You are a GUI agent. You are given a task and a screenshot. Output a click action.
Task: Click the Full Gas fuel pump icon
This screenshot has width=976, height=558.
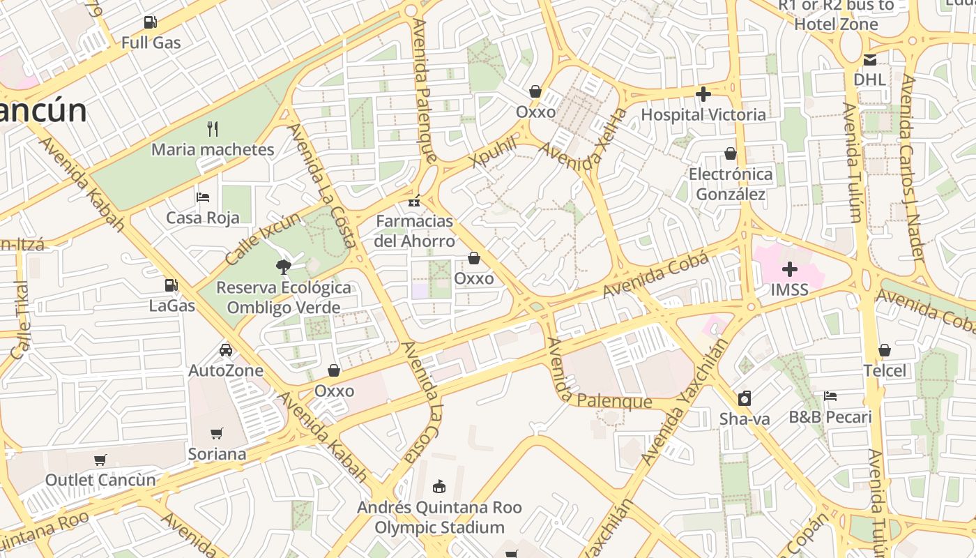[x=150, y=22]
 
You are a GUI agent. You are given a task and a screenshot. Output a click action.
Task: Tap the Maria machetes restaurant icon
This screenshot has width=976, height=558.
[x=213, y=128]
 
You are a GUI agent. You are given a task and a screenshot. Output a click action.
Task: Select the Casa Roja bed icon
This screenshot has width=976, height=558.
[x=203, y=197]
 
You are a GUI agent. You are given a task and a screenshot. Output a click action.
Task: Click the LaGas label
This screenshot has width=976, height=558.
[x=171, y=306]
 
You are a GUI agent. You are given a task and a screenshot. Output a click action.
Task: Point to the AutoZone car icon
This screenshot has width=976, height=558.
[x=226, y=349]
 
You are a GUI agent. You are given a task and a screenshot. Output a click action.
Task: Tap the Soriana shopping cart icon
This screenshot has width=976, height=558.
[x=217, y=433]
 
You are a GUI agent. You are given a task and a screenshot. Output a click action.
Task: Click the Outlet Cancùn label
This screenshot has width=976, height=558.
[x=100, y=480]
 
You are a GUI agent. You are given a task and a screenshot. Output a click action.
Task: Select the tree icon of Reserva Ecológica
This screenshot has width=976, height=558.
[x=283, y=266]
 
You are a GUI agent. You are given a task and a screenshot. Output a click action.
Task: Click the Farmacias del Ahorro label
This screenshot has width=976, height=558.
[x=415, y=231]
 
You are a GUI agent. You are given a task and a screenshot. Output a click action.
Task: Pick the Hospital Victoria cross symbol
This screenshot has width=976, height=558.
[x=703, y=93]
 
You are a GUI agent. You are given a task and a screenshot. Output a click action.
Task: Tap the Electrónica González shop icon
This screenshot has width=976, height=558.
[x=731, y=153]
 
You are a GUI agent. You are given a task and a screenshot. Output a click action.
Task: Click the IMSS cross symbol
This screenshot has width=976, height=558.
[x=790, y=269]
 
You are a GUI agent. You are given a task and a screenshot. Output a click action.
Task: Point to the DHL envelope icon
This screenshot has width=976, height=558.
[x=870, y=59]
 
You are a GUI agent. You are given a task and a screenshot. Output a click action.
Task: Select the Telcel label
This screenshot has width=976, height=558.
[x=885, y=370]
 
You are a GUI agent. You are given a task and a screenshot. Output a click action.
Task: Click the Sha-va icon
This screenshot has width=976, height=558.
[x=745, y=398]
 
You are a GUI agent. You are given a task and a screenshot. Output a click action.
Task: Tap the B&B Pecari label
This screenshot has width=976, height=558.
[x=830, y=417]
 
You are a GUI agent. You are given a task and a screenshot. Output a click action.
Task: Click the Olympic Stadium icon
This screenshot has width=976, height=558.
[x=439, y=486]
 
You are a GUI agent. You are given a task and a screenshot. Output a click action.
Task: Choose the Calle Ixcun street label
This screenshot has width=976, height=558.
[x=264, y=239]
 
